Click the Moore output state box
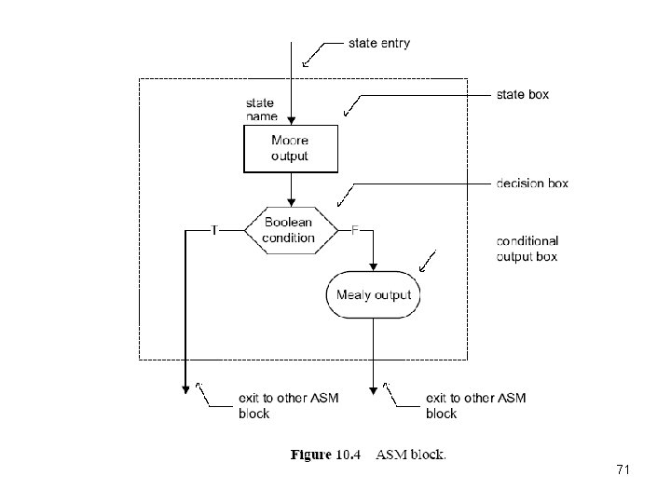tap(289, 149)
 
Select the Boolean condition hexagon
tap(290, 230)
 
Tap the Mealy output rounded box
tap(374, 295)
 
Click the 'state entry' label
tap(378, 43)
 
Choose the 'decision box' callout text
tap(531, 184)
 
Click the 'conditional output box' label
tap(527, 249)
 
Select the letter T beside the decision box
tap(214, 230)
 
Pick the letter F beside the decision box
tap(355, 230)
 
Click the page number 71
tap(623, 470)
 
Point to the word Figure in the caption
tap(311, 455)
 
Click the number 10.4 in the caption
tap(349, 455)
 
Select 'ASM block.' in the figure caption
tap(411, 455)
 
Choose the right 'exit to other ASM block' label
tap(475, 406)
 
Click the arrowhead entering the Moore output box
tap(292, 121)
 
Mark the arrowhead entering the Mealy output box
tap(375, 268)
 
